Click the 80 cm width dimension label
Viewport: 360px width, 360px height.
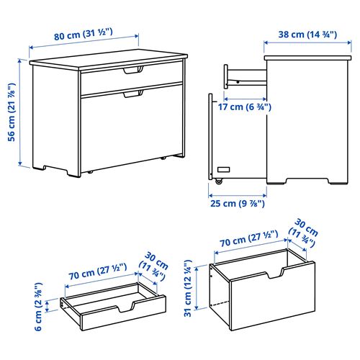(x=84, y=35)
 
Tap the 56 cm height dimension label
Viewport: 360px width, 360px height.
(x=12, y=112)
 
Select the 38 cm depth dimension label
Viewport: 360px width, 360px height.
(x=307, y=35)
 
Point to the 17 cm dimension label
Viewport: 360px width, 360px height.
(x=245, y=107)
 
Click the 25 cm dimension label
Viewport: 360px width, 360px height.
(x=238, y=204)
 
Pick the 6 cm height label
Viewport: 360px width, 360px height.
(x=39, y=307)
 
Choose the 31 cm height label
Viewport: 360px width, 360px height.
(x=188, y=288)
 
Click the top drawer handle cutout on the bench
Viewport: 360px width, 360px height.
(x=133, y=70)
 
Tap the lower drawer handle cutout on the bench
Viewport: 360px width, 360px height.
(x=133, y=94)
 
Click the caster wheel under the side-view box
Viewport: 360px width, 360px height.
(x=219, y=181)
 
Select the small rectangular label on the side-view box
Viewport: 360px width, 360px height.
(x=223, y=170)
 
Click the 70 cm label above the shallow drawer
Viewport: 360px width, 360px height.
(x=98, y=271)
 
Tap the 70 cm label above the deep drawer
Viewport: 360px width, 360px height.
(x=249, y=238)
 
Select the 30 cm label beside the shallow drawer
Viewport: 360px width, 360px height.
(x=154, y=266)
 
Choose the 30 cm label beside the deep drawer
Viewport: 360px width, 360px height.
(x=304, y=233)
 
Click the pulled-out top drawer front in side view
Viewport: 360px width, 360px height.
(x=226, y=76)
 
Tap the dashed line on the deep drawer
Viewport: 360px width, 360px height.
(x=220, y=303)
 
